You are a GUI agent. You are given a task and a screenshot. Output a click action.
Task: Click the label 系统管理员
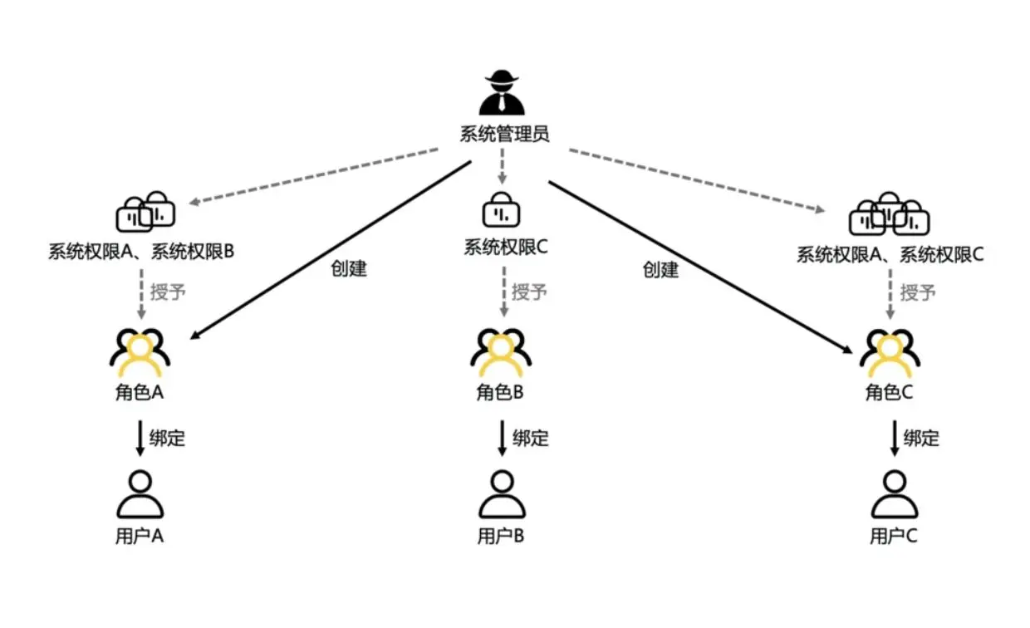(x=504, y=135)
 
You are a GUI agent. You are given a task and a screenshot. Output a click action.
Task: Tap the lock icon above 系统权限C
(x=502, y=210)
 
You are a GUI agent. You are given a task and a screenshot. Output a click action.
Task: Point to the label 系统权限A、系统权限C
(x=890, y=254)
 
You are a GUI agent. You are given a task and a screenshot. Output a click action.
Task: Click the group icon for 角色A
(x=140, y=351)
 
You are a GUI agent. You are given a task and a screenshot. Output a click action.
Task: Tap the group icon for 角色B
(x=501, y=351)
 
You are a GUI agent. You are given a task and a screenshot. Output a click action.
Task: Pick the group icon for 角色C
(x=890, y=351)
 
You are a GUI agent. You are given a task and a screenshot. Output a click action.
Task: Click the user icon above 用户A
(x=140, y=495)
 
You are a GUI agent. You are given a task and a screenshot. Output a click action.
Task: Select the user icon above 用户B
(x=501, y=495)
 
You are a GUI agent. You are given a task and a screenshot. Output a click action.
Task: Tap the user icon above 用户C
(x=894, y=495)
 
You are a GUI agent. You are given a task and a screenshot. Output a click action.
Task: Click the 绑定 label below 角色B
(x=531, y=438)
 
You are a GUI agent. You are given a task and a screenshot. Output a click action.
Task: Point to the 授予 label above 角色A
(x=169, y=292)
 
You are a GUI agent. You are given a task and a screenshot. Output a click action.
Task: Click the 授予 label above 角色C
(x=919, y=292)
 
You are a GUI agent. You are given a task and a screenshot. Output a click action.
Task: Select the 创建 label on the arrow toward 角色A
(x=349, y=268)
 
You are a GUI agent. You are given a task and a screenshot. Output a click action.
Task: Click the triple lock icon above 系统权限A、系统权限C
(x=889, y=215)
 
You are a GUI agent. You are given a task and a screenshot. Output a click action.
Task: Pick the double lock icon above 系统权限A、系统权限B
(x=145, y=213)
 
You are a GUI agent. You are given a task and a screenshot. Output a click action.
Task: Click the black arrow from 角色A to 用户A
(x=140, y=437)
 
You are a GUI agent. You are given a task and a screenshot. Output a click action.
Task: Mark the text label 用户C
(x=894, y=537)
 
